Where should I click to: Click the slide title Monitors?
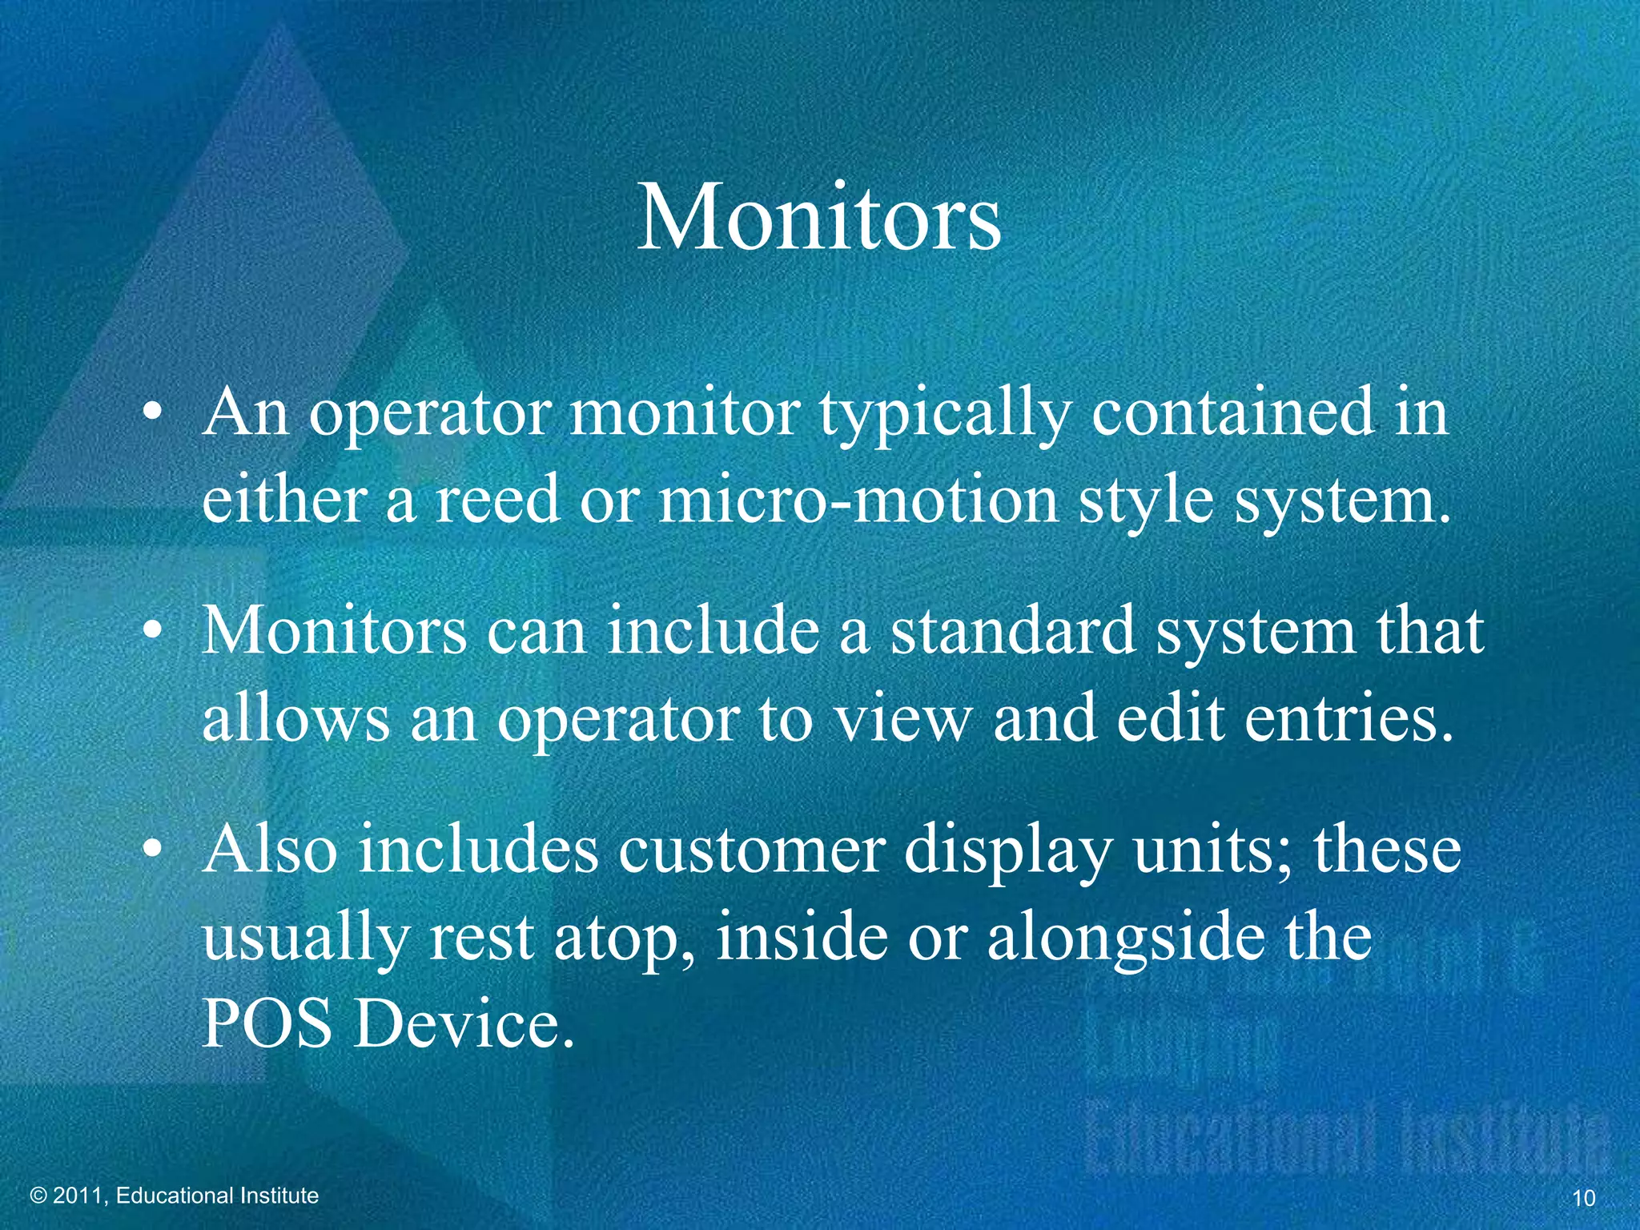tap(818, 218)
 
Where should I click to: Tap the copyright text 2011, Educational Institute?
tap(175, 1196)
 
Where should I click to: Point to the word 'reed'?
tap(496, 500)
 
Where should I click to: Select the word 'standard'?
tap(1012, 631)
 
